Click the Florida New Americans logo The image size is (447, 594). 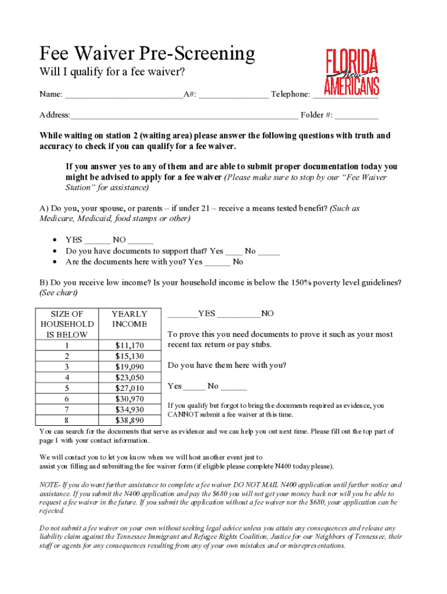[351, 72]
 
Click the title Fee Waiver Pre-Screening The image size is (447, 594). [147, 54]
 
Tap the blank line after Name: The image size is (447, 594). [124, 95]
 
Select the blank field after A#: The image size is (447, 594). [233, 95]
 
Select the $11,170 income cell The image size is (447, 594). [129, 346]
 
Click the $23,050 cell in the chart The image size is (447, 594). [129, 378]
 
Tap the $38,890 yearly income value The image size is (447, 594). [129, 420]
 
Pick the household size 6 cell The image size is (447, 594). [67, 399]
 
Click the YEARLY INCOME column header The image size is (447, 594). [129, 319]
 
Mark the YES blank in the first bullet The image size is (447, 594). [97, 240]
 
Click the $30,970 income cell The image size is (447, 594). [129, 399]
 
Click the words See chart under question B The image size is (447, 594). [59, 293]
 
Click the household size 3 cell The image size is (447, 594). [67, 367]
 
